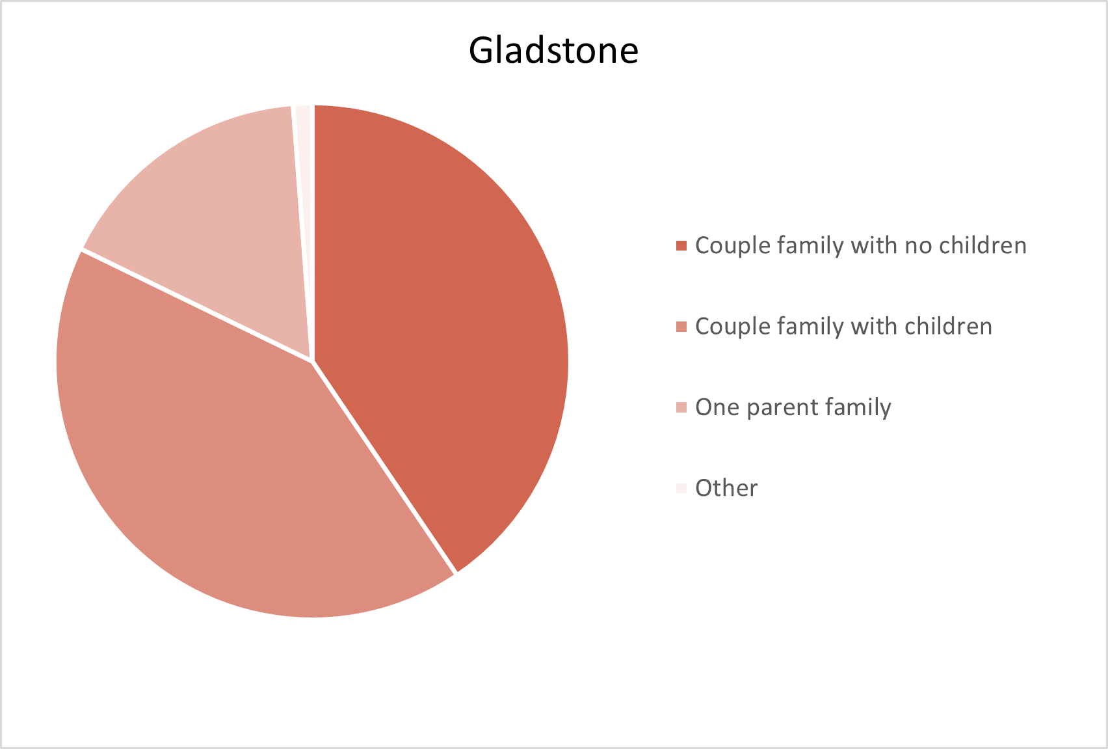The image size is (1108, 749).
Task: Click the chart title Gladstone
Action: point(553,51)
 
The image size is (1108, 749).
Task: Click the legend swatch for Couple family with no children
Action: point(681,245)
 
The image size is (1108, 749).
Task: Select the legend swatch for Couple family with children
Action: point(681,327)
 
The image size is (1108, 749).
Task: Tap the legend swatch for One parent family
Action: point(681,407)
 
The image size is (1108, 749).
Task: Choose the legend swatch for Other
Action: point(681,489)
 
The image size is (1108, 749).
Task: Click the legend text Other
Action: point(726,488)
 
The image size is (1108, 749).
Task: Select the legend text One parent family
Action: point(793,407)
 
